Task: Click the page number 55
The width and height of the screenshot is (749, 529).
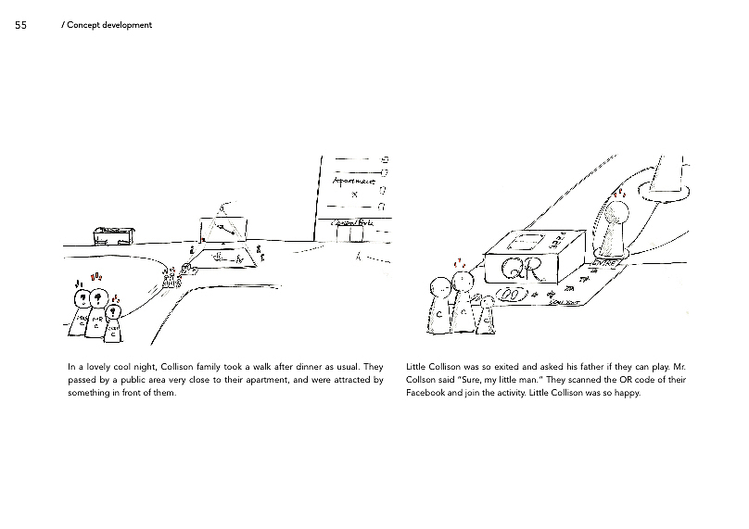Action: click(x=20, y=25)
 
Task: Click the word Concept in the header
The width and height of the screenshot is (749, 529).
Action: click(x=85, y=25)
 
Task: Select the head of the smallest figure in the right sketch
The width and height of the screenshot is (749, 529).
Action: click(x=488, y=302)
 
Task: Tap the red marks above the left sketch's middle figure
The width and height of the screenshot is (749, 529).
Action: click(x=96, y=276)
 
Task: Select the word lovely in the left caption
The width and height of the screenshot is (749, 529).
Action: click(x=96, y=367)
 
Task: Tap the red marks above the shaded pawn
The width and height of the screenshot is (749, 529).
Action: click(x=619, y=194)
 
